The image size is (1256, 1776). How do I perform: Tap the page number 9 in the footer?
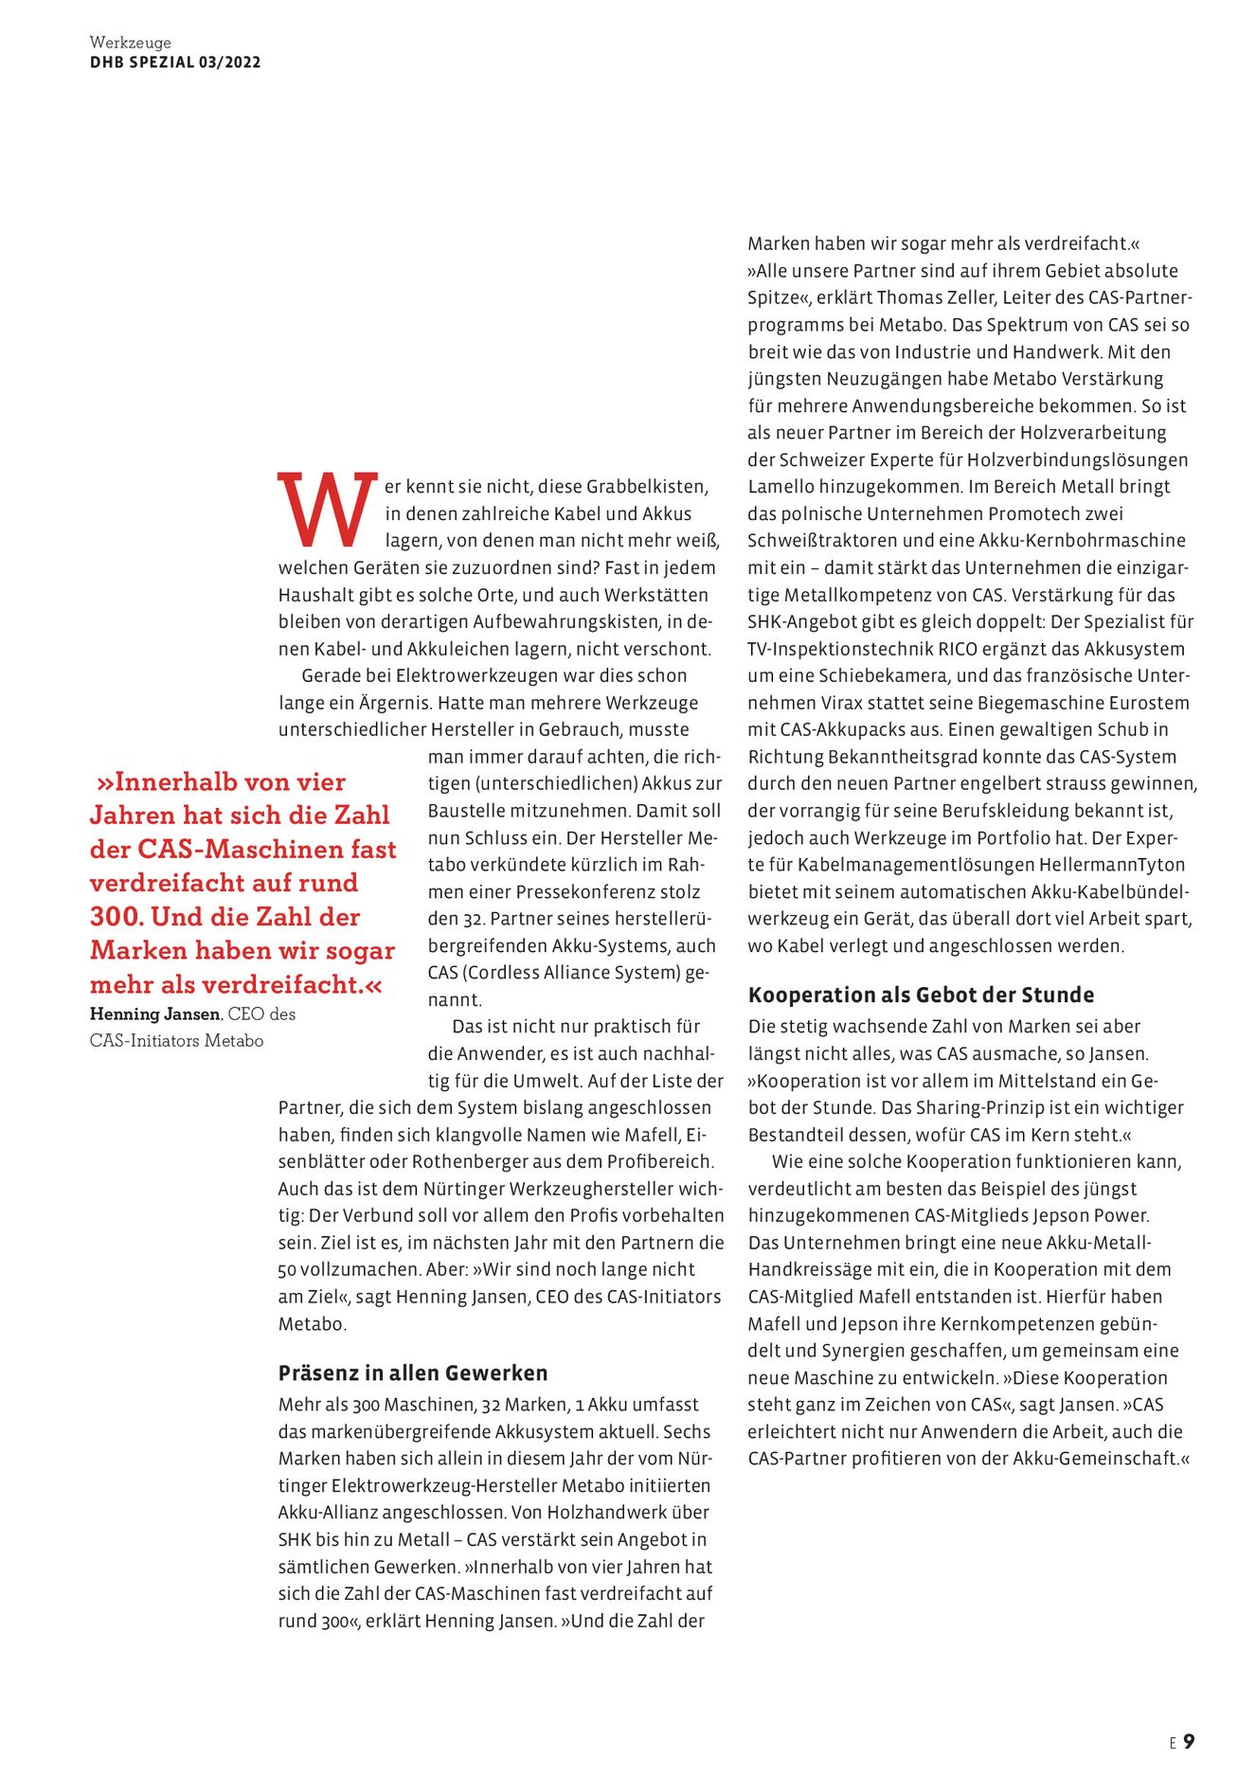[x=1189, y=1741]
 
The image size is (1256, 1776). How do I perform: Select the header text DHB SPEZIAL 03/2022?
[x=175, y=63]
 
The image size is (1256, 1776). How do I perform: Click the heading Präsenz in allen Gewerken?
[x=413, y=1372]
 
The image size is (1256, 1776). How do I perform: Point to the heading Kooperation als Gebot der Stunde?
[x=921, y=995]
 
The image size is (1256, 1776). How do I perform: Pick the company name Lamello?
[x=780, y=487]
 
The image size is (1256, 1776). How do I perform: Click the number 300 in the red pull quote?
[x=116, y=917]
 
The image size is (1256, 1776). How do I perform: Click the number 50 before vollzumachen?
[x=287, y=1269]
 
